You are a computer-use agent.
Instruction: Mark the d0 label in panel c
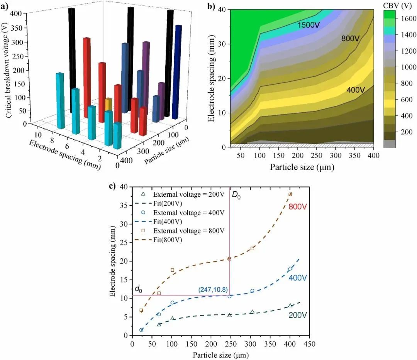pyautogui.click(x=138, y=289)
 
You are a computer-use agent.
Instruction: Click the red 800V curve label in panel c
pyautogui.click(x=298, y=207)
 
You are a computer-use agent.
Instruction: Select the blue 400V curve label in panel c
pyautogui.click(x=298, y=278)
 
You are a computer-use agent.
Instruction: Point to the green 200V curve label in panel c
pyautogui.click(x=298, y=315)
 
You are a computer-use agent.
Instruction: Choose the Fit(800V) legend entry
pyautogui.click(x=168, y=240)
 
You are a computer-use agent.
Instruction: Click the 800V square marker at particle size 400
pyautogui.click(x=290, y=194)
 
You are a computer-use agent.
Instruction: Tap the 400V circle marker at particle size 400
pyautogui.click(x=290, y=269)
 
